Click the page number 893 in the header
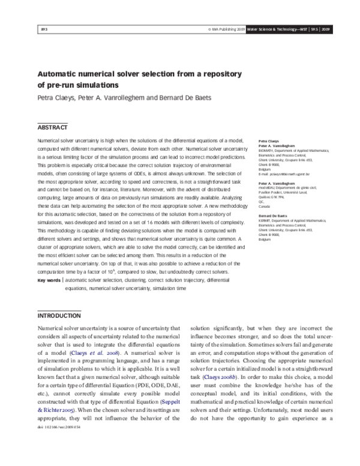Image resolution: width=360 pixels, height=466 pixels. tap(43, 29)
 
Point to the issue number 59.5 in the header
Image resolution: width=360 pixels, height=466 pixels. tap(313, 29)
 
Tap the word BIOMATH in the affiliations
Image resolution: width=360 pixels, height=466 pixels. tap(266, 151)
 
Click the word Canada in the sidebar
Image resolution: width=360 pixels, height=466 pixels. tap(264, 205)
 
